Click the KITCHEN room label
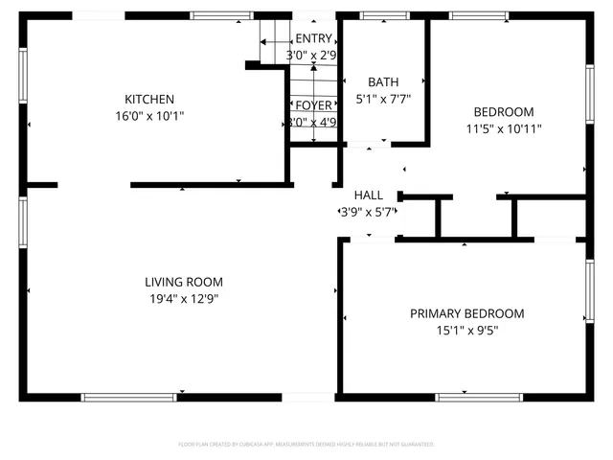point(149,99)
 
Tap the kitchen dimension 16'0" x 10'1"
point(149,116)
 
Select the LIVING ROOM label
point(184,282)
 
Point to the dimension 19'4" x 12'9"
point(184,299)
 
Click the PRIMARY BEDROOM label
point(466,313)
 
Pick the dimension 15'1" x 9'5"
point(466,331)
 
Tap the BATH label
point(383,82)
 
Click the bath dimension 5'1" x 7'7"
point(383,99)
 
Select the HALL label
point(369,195)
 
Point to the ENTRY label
point(313,38)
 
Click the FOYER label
point(313,105)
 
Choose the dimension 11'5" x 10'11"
point(505,128)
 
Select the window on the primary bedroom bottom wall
point(465,397)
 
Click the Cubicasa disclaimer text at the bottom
point(306,445)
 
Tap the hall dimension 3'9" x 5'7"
point(369,212)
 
